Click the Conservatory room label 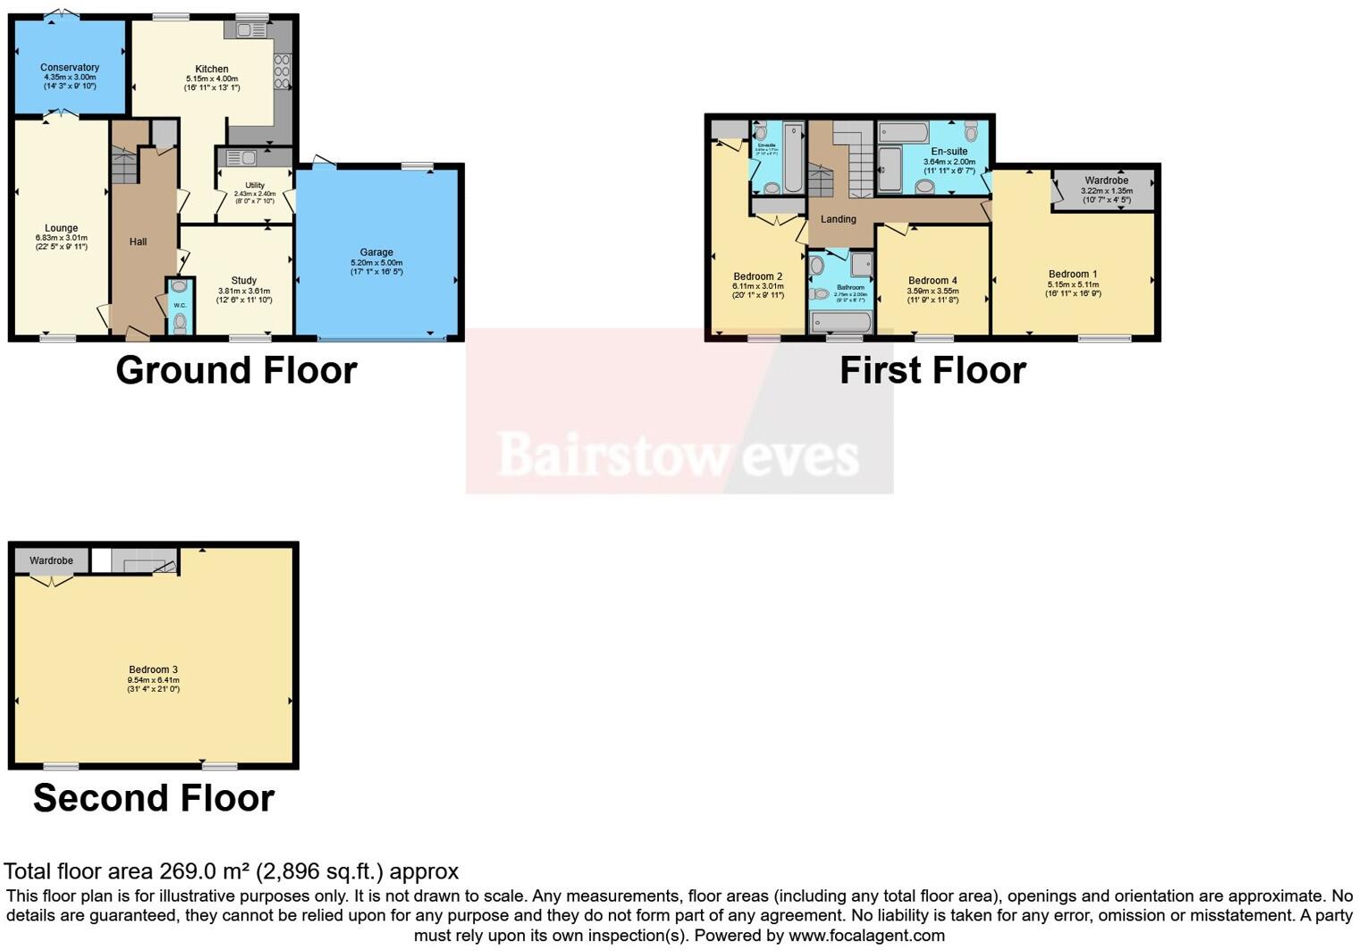point(70,68)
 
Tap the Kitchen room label point(212,69)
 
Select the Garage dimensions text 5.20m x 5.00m point(376,263)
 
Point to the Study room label point(243,281)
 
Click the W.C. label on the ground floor point(180,305)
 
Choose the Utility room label point(255,185)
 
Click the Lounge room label point(62,228)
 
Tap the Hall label point(138,242)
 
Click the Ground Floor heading point(236,370)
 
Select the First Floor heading point(933,370)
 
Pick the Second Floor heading point(154,798)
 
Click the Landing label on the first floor point(839,219)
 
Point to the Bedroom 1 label point(1073,274)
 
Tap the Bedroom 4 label point(933,281)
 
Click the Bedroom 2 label point(758,276)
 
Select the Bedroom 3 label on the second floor point(153,669)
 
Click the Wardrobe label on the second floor point(51,561)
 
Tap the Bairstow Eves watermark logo point(679,454)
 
